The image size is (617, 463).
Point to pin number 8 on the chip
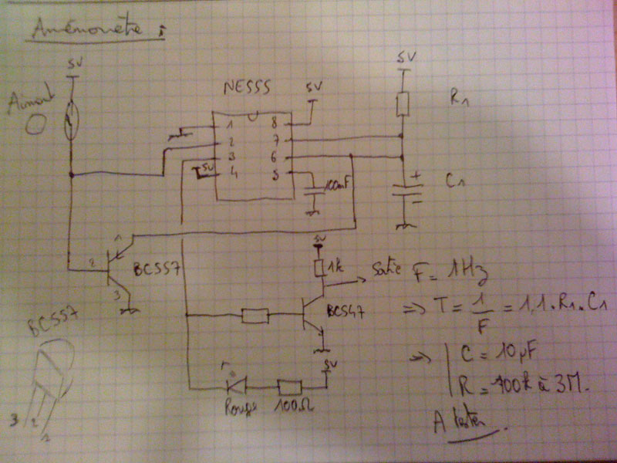coord(272,123)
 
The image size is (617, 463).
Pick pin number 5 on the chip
coord(273,174)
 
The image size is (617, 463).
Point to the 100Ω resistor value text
coord(290,407)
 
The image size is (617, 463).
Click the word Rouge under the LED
coord(234,406)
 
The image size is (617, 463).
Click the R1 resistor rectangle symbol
coord(402,104)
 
